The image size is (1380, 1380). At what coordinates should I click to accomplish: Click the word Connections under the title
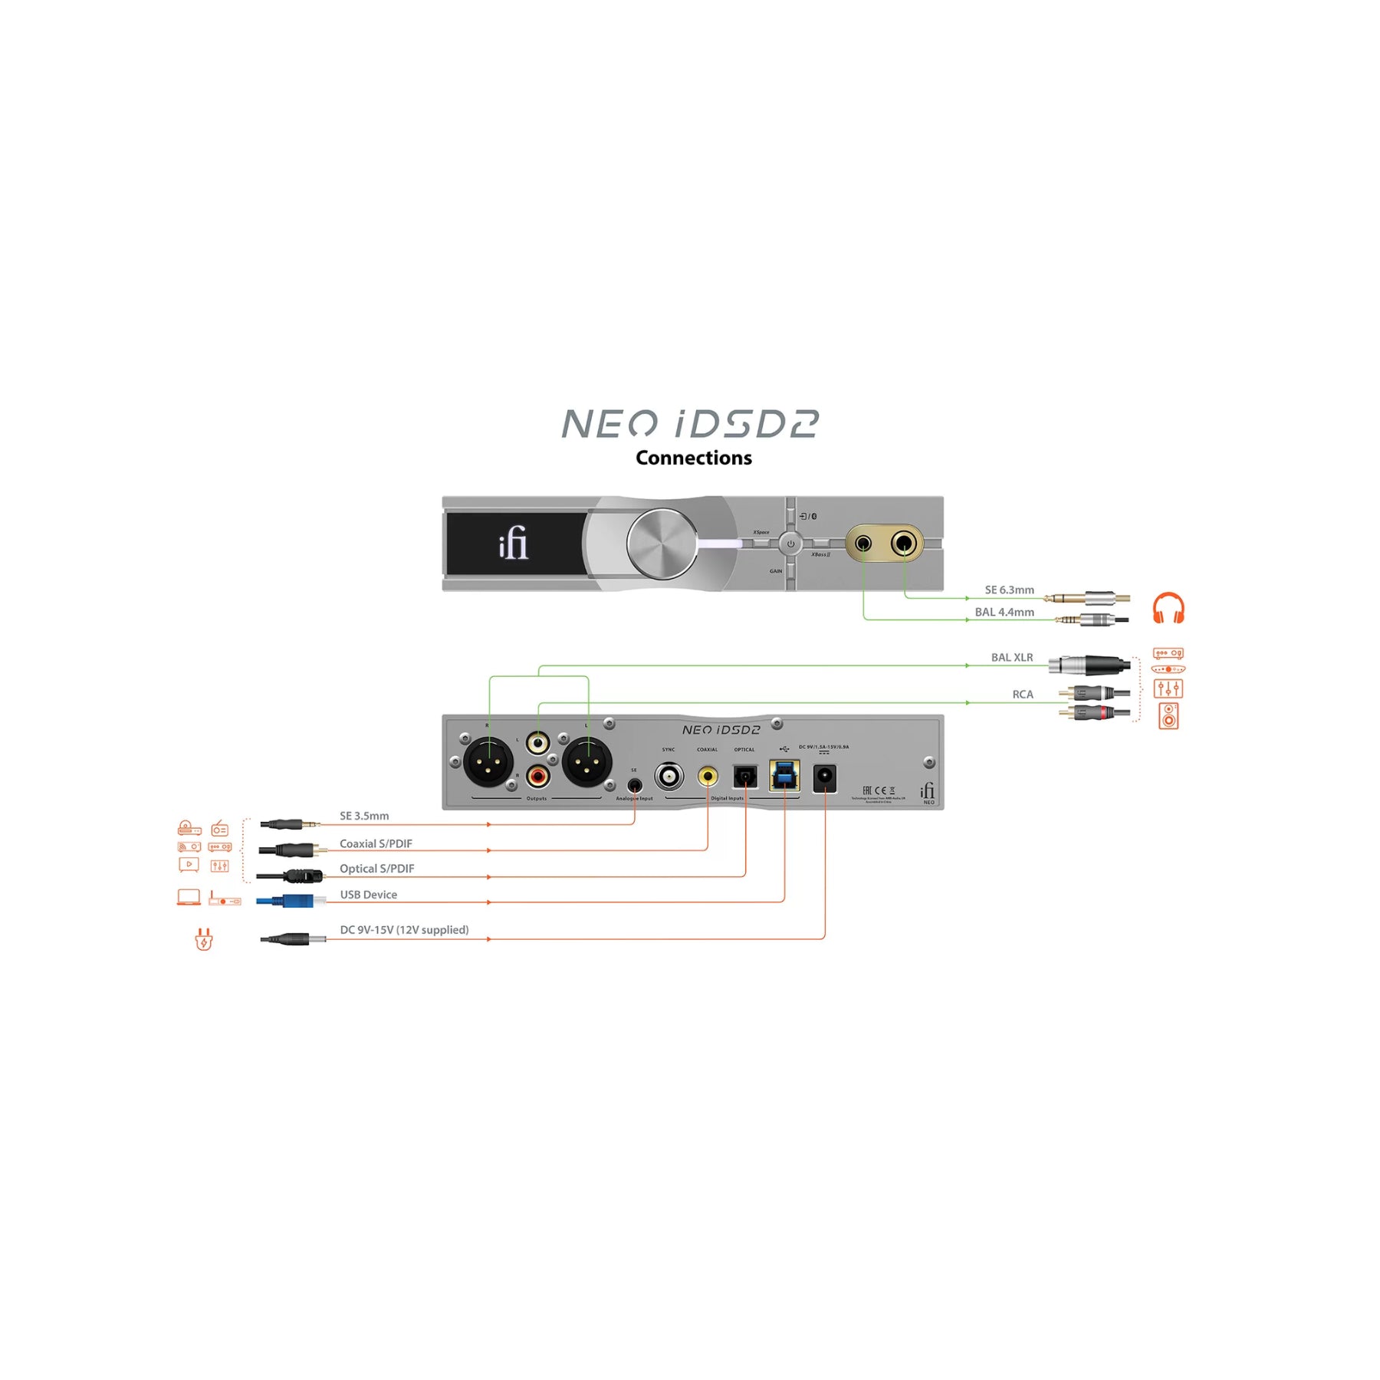pos(693,458)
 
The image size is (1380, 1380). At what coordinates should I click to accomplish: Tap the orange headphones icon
pos(1168,608)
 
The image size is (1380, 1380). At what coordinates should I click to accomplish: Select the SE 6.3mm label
pos(1009,590)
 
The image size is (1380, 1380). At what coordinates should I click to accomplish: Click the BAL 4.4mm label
pos(1004,612)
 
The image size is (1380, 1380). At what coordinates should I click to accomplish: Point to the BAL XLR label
pos(1011,657)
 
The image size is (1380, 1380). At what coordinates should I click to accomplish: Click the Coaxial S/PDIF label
pos(376,843)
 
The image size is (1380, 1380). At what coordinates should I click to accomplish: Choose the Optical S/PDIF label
pos(376,869)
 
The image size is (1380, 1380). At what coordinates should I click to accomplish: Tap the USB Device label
pos(368,895)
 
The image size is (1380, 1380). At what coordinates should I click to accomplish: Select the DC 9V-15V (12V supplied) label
pos(404,930)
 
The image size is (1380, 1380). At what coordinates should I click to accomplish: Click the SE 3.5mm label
pos(364,816)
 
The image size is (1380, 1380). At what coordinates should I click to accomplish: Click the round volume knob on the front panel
pos(662,544)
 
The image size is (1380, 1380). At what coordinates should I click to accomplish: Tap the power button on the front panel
pos(790,544)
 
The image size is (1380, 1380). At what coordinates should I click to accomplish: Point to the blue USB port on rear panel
pos(784,776)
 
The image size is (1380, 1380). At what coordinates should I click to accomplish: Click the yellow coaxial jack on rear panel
pos(707,777)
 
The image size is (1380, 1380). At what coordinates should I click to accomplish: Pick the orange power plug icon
pos(203,938)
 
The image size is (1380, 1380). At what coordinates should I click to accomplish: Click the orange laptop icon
pos(189,896)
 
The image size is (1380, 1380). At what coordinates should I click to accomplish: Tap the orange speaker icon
pos(1168,715)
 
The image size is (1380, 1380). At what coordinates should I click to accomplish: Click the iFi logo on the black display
pos(513,543)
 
